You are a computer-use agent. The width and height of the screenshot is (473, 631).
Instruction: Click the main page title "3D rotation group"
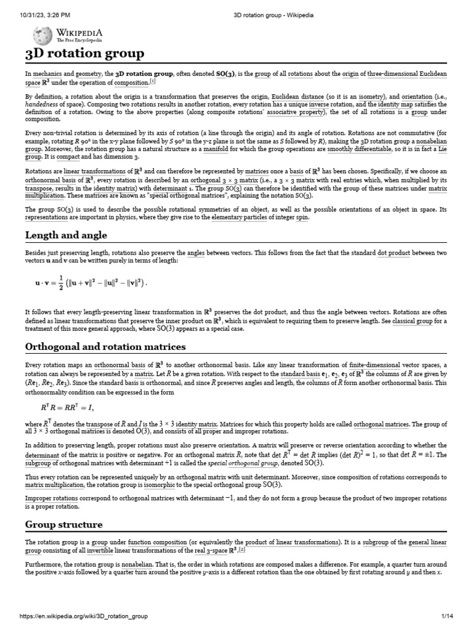click(x=85, y=54)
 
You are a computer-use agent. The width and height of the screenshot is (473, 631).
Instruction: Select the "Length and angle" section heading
click(x=66, y=235)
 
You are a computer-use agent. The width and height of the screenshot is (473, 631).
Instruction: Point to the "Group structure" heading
click(x=63, y=524)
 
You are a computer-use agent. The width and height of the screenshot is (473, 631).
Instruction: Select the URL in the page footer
click(x=83, y=616)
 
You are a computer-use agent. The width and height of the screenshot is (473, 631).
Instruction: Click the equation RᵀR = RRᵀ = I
click(x=67, y=407)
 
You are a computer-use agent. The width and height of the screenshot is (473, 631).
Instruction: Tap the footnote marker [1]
click(x=153, y=81)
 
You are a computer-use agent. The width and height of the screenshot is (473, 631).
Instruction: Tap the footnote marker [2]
click(x=242, y=550)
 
